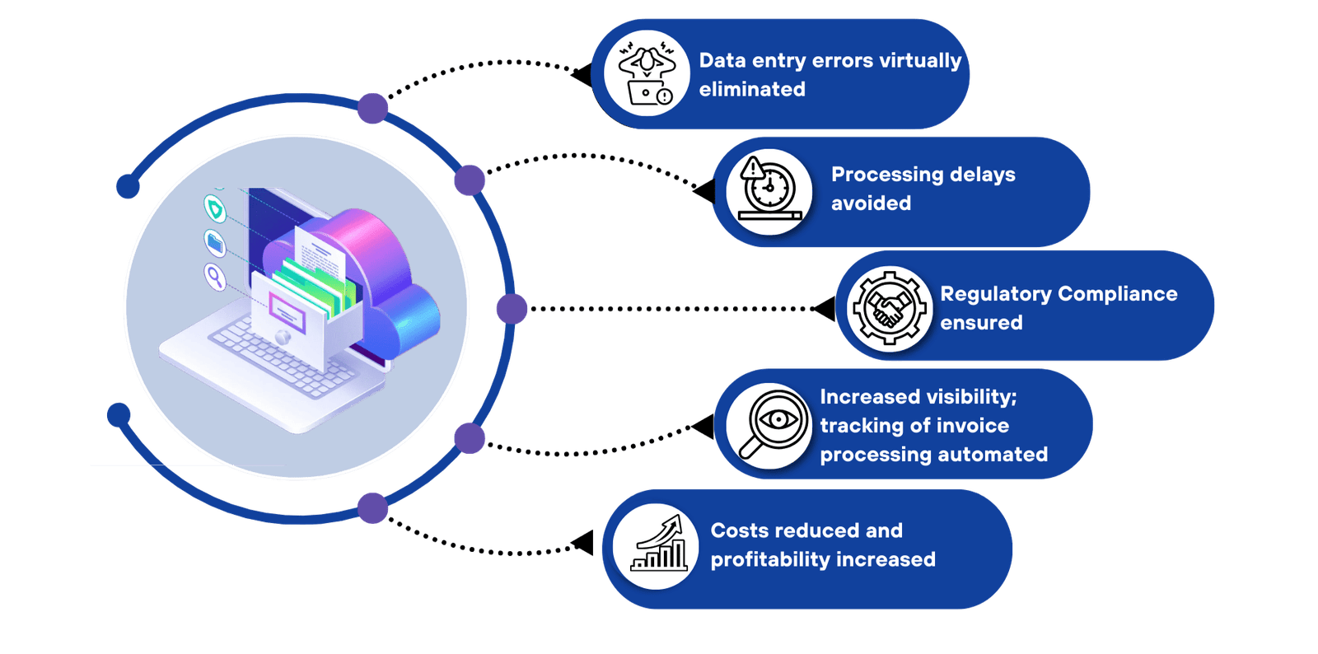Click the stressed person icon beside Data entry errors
pos(647,73)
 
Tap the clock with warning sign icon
pos(768,190)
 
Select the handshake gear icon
pos(888,309)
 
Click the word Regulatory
pos(996,294)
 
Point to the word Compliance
pos(1117,294)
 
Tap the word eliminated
pos(752,89)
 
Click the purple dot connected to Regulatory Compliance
pos(512,309)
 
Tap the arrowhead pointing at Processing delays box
pos(704,191)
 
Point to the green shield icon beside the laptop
pos(215,209)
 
